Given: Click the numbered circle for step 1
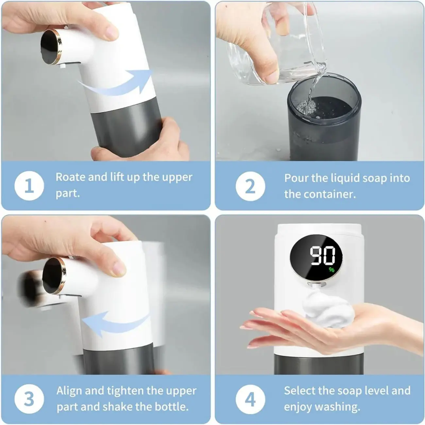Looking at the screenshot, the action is click(29, 185).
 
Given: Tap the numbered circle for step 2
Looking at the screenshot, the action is click(250, 186).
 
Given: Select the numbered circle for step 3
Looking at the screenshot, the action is click(29, 399).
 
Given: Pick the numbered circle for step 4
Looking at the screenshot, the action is click(250, 399).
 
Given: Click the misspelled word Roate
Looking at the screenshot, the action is click(70, 177).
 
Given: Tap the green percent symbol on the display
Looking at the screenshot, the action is click(331, 269).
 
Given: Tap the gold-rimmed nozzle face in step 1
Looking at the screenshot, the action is click(51, 47).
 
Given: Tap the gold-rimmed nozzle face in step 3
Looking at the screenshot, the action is click(54, 276).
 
